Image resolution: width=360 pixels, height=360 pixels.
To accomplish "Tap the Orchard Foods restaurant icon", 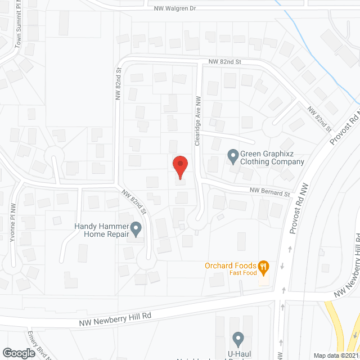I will [262, 265].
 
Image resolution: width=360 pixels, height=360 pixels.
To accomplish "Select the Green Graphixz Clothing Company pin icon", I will [232, 154].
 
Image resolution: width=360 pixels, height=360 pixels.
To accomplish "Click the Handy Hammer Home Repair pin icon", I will [136, 228].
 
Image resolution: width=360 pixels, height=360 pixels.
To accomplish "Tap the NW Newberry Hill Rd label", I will [116, 318].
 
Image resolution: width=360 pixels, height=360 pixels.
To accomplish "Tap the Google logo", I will [19, 353].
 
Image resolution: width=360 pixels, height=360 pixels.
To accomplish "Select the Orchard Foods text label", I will [231, 266].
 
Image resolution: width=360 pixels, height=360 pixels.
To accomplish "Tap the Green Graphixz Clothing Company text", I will [272, 157].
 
